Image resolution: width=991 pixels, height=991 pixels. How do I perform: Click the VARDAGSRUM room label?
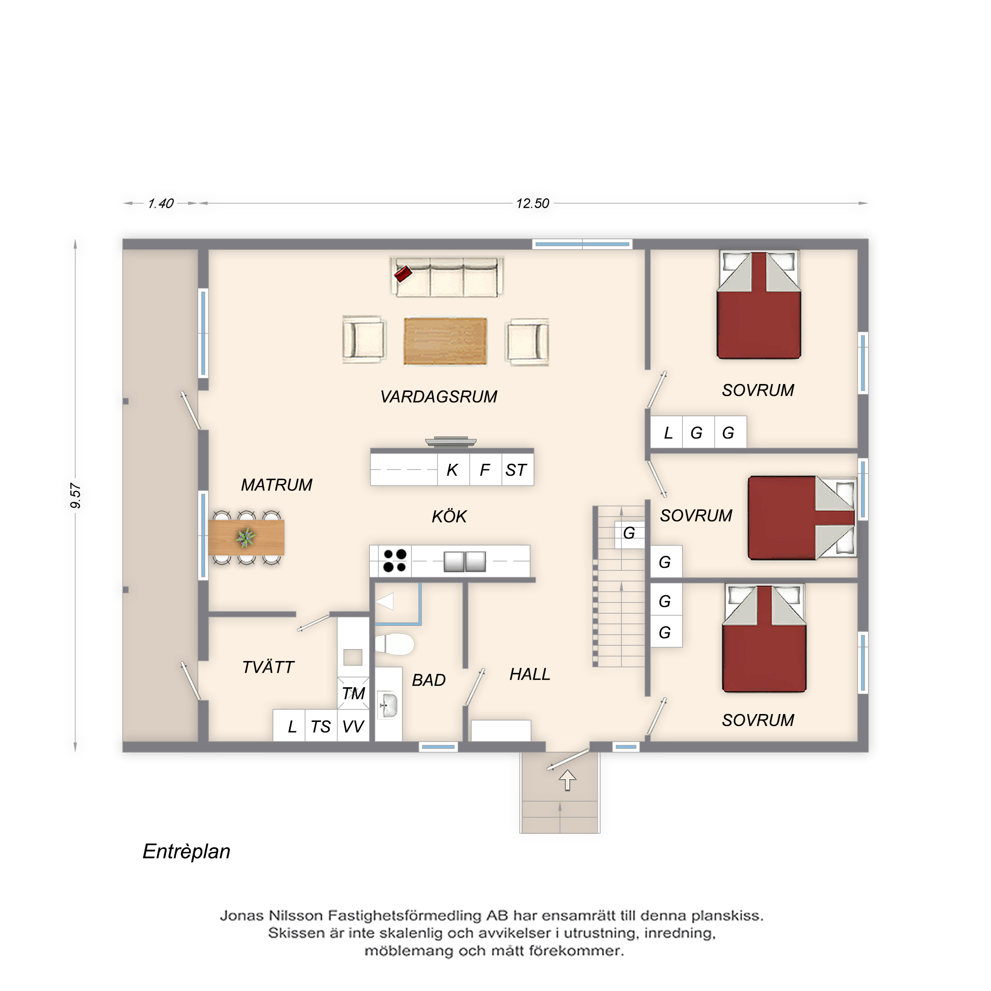pos(439,396)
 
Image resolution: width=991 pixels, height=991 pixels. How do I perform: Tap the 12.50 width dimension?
pos(533,204)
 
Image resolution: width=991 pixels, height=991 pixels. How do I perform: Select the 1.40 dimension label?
pos(161,204)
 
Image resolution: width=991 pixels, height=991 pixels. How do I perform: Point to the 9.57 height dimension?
pos(75,495)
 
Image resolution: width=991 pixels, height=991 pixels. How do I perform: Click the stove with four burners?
pos(394,560)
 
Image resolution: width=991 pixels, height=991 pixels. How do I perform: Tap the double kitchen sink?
pos(465,561)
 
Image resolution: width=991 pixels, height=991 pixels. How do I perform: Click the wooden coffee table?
pos(445,341)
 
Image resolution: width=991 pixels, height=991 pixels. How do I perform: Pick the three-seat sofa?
pos(446,277)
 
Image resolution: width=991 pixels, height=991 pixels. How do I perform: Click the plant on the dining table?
pos(246,538)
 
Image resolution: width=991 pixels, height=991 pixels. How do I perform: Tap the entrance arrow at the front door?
pos(567,780)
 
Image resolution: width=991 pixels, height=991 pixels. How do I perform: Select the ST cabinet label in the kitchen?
pos(515,470)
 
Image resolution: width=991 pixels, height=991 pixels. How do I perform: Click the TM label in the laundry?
pos(353,694)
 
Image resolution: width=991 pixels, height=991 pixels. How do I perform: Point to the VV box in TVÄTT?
pos(353,726)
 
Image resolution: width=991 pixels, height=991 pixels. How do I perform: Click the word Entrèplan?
pos(186,852)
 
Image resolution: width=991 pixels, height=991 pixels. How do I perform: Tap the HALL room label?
pos(529,674)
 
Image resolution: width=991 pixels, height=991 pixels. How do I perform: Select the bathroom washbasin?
pos(389,705)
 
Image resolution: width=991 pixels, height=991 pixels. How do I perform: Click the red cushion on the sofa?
pos(403,274)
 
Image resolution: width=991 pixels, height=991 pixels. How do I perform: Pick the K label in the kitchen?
pos(452,470)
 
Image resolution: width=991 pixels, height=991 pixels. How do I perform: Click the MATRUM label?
pos(276,485)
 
